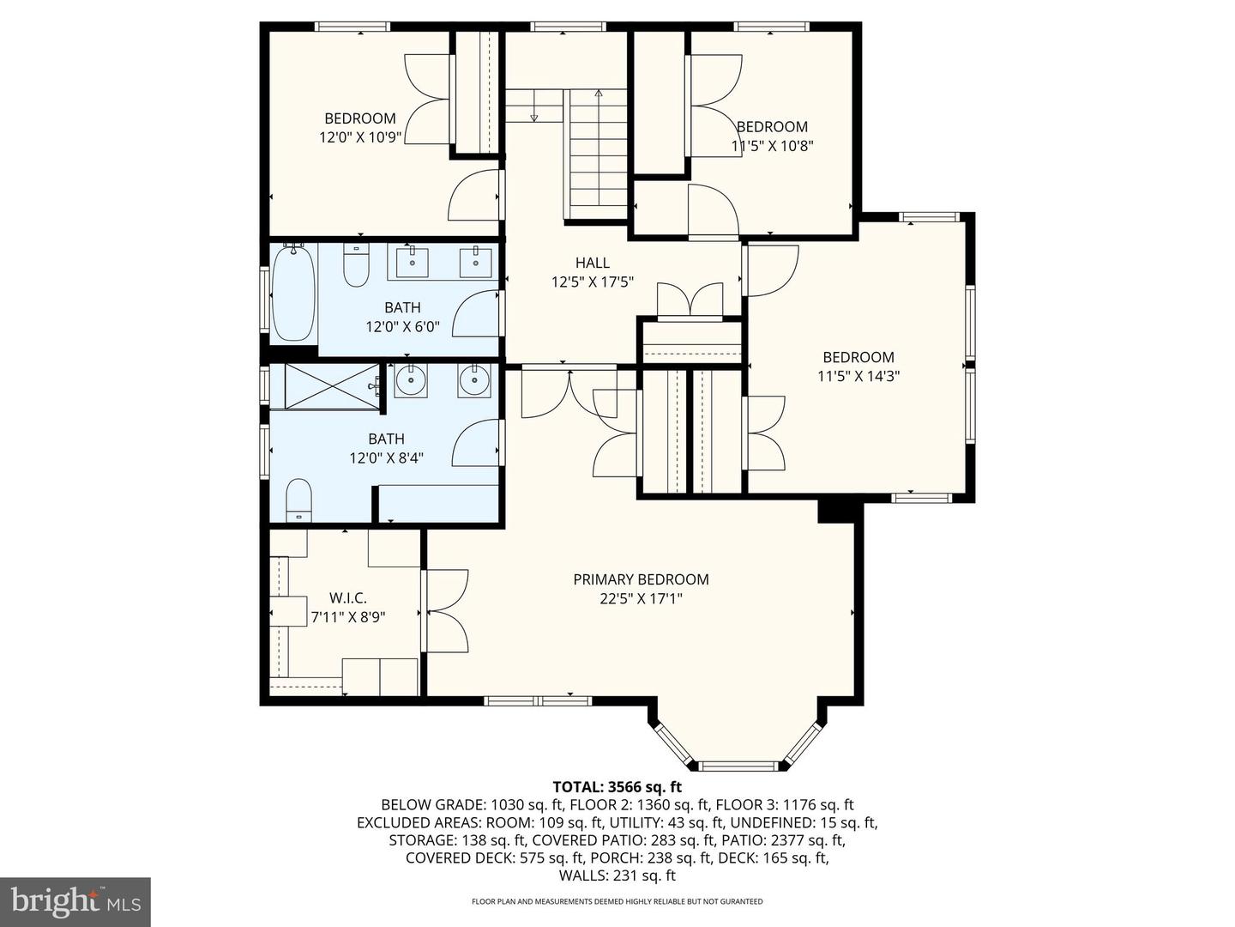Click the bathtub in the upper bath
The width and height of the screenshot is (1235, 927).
[x=293, y=293]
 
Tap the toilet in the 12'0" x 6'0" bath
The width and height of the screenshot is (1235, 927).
[x=356, y=266]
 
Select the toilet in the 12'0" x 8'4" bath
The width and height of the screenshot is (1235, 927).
[x=298, y=500]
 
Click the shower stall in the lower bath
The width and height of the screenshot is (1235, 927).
[x=331, y=387]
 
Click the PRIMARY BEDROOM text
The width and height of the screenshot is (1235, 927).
[x=641, y=579]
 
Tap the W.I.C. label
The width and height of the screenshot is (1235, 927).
[x=348, y=598]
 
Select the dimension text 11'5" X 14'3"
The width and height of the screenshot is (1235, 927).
[x=858, y=376]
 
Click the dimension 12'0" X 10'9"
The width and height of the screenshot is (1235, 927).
[x=360, y=137]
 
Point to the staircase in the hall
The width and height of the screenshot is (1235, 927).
[x=598, y=154]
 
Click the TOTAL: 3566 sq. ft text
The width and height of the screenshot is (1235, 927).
[x=617, y=786]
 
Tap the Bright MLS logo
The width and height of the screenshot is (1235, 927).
[x=75, y=901]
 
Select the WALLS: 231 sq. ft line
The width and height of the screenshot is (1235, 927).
[x=617, y=875]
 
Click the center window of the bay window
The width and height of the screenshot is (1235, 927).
[x=738, y=765]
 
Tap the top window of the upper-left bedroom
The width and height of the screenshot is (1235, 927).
[x=352, y=27]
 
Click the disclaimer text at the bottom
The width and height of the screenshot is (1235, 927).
[x=617, y=902]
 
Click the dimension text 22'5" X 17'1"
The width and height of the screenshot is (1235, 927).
[x=641, y=598]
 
